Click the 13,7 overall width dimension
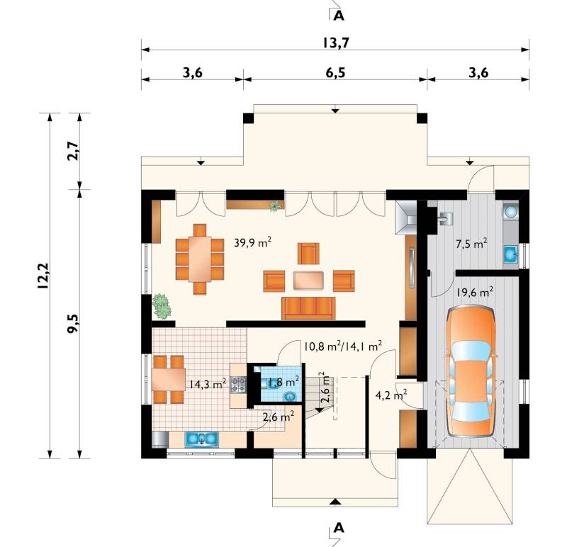click(x=335, y=43)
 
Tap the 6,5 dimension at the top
click(x=335, y=73)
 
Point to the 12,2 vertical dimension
click(x=43, y=276)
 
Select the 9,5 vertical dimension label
click(x=72, y=323)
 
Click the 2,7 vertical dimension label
click(x=72, y=151)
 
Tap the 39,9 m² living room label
click(x=252, y=242)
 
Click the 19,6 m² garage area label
click(x=474, y=292)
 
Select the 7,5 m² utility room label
click(x=471, y=244)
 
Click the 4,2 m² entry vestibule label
click(x=391, y=395)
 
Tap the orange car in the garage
click(x=471, y=372)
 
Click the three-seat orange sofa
click(x=308, y=308)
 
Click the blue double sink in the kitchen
click(x=202, y=439)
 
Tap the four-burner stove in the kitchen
click(x=238, y=385)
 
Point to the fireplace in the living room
click(x=406, y=218)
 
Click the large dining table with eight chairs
click(x=200, y=259)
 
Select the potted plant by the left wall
click(x=162, y=306)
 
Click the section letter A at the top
click(x=339, y=16)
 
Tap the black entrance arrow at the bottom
click(x=335, y=502)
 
